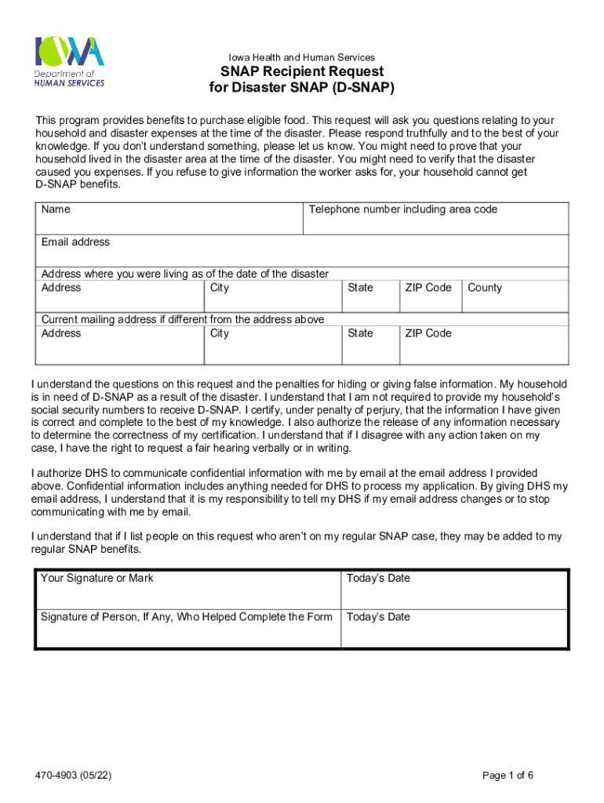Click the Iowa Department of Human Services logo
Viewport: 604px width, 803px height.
click(x=69, y=61)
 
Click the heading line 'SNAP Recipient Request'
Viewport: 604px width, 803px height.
click(x=301, y=72)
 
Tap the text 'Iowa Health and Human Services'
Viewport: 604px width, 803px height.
click(x=301, y=57)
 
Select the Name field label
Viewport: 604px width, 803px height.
click(x=56, y=209)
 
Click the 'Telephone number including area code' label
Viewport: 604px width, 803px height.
click(x=402, y=209)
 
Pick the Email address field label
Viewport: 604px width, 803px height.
click(x=75, y=242)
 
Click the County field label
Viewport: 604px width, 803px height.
click(x=484, y=288)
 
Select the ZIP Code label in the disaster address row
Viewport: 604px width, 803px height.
click(x=428, y=288)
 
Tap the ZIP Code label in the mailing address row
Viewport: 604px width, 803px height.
click(x=428, y=333)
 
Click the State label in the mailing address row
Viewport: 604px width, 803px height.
click(x=360, y=333)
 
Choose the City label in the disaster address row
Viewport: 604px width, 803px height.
click(x=220, y=288)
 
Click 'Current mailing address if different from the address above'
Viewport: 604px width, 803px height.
click(x=182, y=319)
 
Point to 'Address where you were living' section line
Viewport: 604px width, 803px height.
click(x=184, y=274)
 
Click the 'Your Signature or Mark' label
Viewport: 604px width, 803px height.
click(x=97, y=578)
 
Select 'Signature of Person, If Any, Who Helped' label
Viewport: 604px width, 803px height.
click(x=187, y=617)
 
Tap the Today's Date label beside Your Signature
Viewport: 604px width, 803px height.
click(x=378, y=578)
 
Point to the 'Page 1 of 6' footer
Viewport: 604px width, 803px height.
click(x=508, y=776)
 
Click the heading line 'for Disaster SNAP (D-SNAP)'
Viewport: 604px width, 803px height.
click(x=301, y=88)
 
